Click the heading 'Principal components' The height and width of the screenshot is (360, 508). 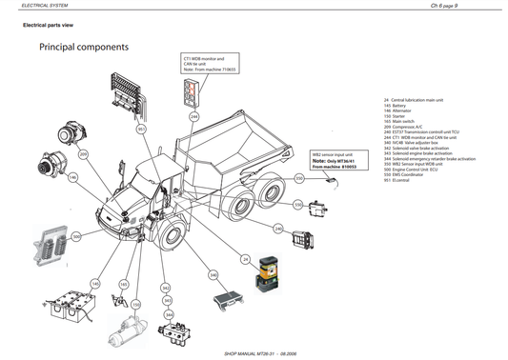point(84,46)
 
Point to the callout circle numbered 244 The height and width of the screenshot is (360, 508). point(194,117)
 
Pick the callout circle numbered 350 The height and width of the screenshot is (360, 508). point(298,177)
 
